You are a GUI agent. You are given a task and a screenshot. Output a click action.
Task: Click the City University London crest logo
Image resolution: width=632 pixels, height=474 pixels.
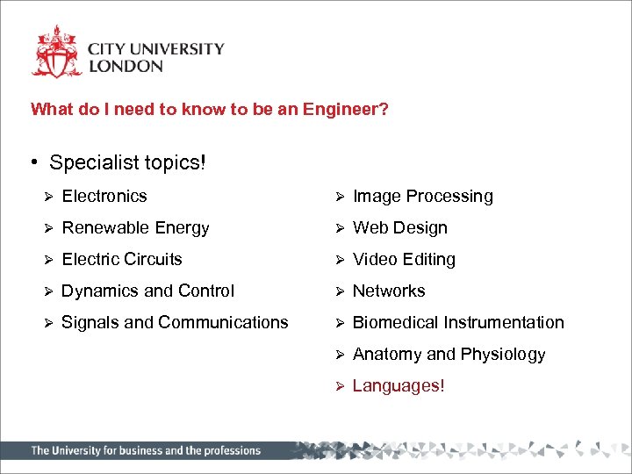tap(57, 53)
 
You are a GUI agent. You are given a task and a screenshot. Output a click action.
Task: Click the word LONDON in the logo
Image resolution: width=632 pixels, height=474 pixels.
tap(126, 66)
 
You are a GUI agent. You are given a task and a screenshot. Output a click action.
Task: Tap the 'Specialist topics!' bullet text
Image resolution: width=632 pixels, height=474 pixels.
tap(127, 163)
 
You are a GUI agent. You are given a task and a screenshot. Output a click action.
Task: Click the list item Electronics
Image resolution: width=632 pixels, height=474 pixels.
tap(104, 197)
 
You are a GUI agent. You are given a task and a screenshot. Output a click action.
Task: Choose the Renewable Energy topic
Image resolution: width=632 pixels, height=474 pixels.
tap(136, 228)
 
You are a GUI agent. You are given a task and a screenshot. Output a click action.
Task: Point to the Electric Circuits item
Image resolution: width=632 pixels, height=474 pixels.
tap(122, 260)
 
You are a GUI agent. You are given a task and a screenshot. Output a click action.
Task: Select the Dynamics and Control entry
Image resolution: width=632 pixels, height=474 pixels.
tap(147, 291)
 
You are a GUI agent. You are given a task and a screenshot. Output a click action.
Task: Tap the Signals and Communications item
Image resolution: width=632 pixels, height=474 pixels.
tap(175, 323)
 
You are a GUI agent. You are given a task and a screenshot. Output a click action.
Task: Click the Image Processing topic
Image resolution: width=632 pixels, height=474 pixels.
tap(422, 197)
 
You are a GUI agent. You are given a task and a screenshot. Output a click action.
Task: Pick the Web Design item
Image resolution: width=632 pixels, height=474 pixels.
tap(399, 228)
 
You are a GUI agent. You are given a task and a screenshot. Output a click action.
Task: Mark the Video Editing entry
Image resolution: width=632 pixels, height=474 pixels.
tap(404, 260)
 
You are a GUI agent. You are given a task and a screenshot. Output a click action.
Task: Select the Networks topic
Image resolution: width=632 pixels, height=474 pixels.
tap(388, 291)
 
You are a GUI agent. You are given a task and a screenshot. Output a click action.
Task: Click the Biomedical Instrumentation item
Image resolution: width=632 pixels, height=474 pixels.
tap(457, 323)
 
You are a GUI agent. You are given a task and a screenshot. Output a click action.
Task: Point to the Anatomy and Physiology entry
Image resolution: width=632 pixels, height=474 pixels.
tap(449, 355)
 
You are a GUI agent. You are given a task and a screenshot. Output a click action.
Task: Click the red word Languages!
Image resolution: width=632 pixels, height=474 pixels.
tap(399, 386)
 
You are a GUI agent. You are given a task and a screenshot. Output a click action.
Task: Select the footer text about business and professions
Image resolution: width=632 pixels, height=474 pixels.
tap(146, 451)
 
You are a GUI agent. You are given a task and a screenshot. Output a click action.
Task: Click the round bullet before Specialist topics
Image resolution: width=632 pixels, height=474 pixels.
tap(32, 163)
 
